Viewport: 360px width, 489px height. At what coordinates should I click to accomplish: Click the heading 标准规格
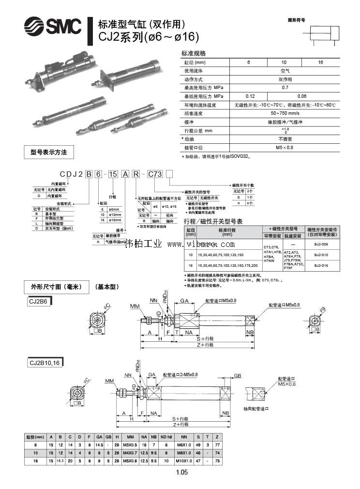194,53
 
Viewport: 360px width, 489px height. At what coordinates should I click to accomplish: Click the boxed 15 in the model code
113,174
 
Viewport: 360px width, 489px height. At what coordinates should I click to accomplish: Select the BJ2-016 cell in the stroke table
321,265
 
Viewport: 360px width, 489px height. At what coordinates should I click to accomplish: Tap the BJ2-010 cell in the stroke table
321,255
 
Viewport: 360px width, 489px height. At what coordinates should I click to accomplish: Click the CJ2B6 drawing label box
39,302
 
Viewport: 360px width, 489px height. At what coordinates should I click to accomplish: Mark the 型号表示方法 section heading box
49,152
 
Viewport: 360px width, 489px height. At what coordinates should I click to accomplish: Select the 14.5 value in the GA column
99,444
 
